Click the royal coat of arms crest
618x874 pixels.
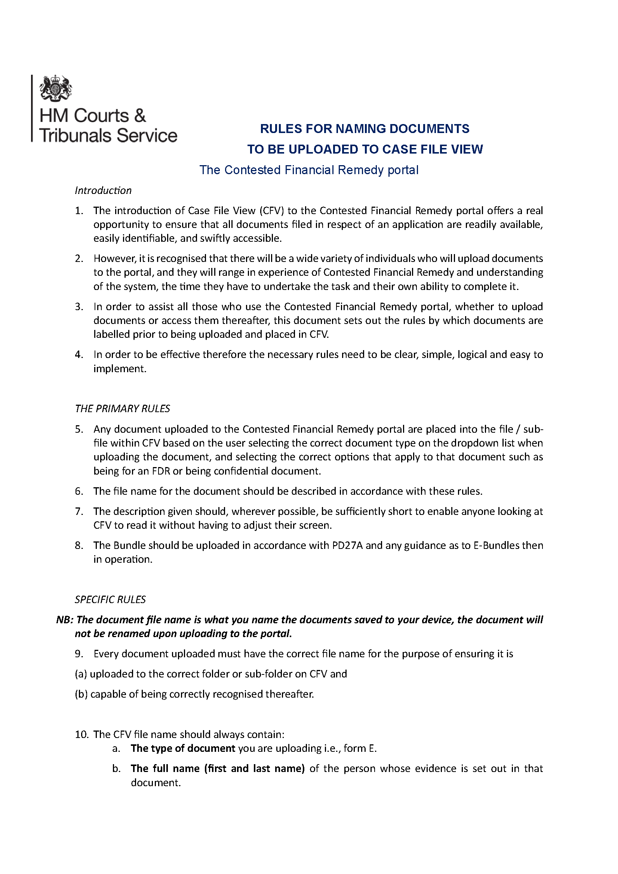coord(56,88)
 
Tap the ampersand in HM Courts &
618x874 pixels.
coord(140,116)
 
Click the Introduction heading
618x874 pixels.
coord(103,190)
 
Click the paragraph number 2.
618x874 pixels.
coord(79,259)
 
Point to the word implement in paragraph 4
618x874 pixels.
coord(119,368)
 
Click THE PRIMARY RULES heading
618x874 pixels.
coord(122,408)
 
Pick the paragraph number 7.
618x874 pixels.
coord(79,511)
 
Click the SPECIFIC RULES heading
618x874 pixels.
coord(110,599)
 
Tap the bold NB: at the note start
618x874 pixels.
coord(64,620)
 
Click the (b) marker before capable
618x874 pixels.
coord(81,694)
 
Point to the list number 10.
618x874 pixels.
coord(82,734)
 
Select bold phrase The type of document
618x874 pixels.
coord(183,748)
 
